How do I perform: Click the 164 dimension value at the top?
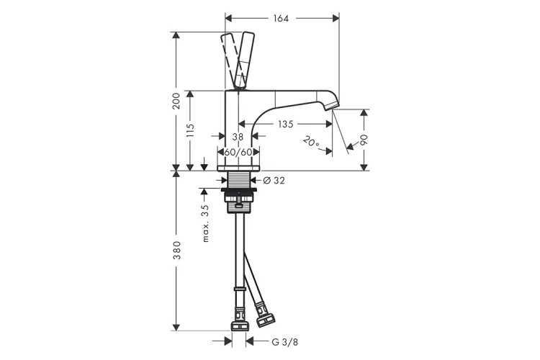[281, 19]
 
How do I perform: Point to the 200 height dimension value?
[176, 101]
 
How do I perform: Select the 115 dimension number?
[190, 130]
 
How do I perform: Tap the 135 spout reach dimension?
[286, 124]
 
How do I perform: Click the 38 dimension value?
[238, 137]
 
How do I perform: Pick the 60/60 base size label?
[238, 152]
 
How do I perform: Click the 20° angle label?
[311, 141]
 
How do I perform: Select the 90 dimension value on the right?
[364, 140]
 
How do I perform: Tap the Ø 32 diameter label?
[274, 180]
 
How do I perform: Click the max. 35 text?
[205, 224]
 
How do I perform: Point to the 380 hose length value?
[176, 251]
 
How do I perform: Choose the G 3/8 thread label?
[285, 342]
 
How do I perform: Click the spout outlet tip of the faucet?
[333, 107]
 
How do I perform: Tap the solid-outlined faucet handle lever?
[244, 60]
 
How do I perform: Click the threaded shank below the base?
[238, 180]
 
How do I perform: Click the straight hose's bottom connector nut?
[239, 326]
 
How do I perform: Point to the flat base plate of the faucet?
[238, 168]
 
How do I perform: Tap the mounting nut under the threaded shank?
[238, 197]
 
